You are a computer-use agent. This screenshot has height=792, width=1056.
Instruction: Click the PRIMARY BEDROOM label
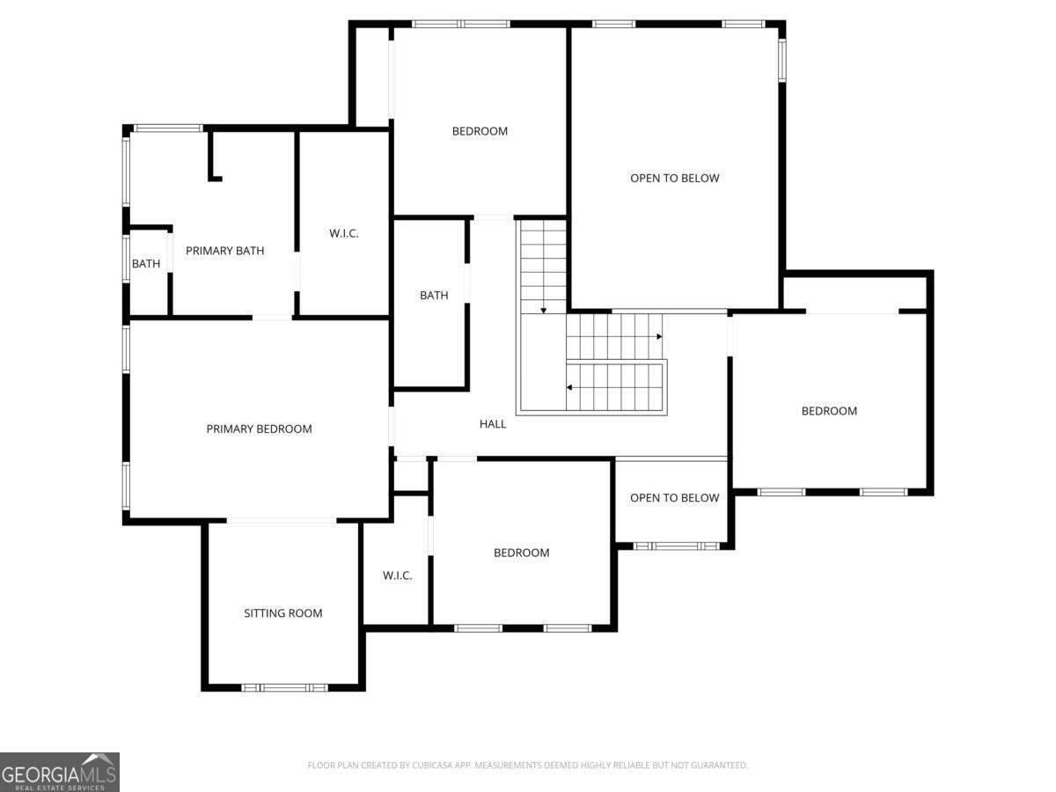(x=259, y=429)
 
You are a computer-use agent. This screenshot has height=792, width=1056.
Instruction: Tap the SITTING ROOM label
(x=282, y=613)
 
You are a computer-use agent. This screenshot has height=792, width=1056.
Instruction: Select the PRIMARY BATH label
(x=224, y=251)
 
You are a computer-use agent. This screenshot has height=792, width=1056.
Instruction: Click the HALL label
(x=493, y=423)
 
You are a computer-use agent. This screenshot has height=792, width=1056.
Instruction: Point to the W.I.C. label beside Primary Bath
(x=343, y=233)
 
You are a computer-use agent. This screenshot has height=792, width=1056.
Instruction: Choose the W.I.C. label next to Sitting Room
(x=397, y=576)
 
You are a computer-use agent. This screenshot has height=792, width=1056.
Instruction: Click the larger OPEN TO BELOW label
(x=674, y=178)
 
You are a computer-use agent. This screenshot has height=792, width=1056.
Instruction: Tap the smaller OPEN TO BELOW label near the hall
(x=674, y=498)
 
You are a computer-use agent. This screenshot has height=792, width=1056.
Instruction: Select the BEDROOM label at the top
(x=480, y=131)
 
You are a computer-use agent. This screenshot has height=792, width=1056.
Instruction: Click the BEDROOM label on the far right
(x=829, y=411)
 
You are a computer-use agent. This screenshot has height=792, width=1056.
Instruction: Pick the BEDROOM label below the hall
(x=522, y=553)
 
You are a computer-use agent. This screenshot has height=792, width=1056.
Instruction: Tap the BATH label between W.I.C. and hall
(x=434, y=296)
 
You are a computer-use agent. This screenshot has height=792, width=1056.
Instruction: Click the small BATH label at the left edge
(x=146, y=263)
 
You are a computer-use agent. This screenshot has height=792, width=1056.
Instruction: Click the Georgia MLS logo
(x=60, y=772)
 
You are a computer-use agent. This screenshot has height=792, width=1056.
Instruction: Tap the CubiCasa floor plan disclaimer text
(x=528, y=765)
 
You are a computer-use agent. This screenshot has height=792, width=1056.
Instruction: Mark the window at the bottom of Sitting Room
(x=284, y=687)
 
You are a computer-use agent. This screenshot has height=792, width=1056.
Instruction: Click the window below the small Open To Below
(x=676, y=546)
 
